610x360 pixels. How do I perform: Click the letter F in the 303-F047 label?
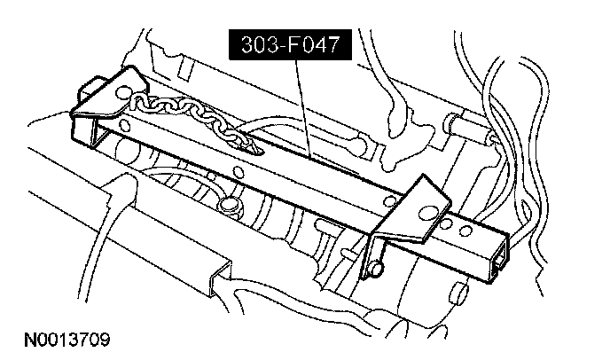tap(280, 46)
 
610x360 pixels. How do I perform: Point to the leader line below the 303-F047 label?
tap(303, 106)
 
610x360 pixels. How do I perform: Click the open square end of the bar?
tap(497, 257)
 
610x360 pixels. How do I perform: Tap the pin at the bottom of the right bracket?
tap(377, 264)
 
